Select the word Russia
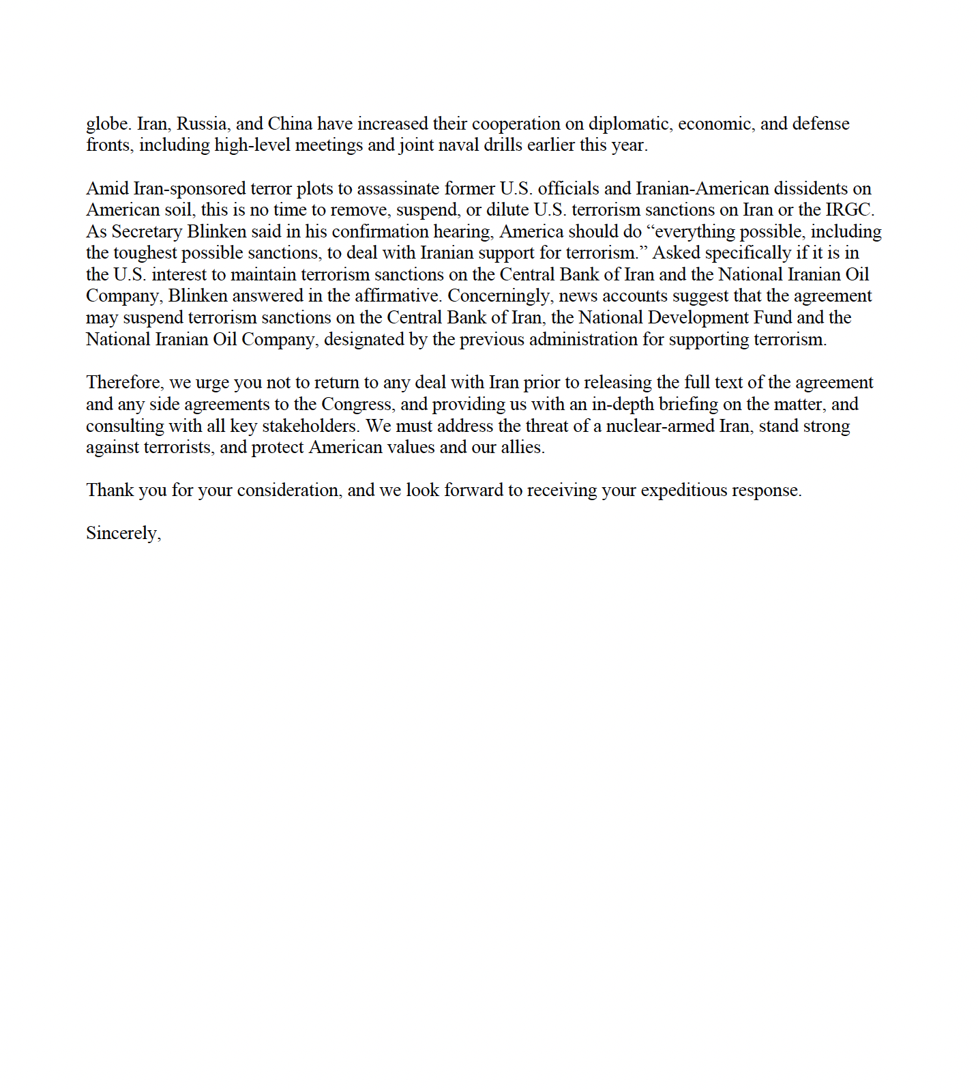pyautogui.click(x=203, y=124)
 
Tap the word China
pyautogui.click(x=290, y=124)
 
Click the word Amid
pyautogui.click(x=106, y=188)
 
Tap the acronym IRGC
pyautogui.click(x=850, y=210)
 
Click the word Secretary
pyautogui.click(x=147, y=232)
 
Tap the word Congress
pyautogui.click(x=358, y=405)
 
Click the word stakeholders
pyautogui.click(x=310, y=426)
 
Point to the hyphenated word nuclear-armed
pyautogui.click(x=660, y=426)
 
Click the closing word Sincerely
pyautogui.click(x=123, y=534)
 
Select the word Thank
pyautogui.click(x=110, y=491)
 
